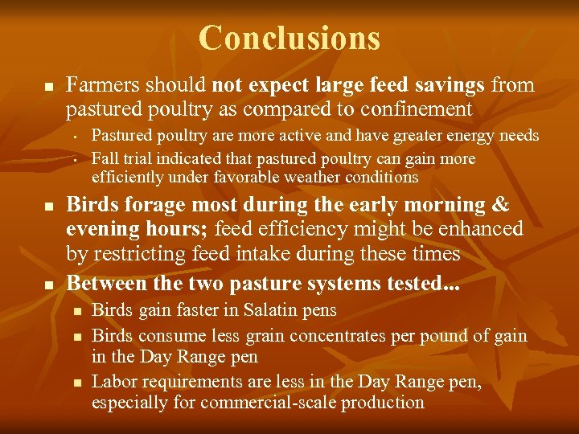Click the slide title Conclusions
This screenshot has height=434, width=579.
(289, 38)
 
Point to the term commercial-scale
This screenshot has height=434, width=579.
(269, 403)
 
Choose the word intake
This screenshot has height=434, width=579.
(263, 254)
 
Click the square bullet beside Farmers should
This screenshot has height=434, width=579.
(48, 86)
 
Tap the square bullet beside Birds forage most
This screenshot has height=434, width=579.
(48, 207)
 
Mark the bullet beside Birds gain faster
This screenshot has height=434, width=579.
(75, 311)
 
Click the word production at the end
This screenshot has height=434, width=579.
(385, 403)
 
